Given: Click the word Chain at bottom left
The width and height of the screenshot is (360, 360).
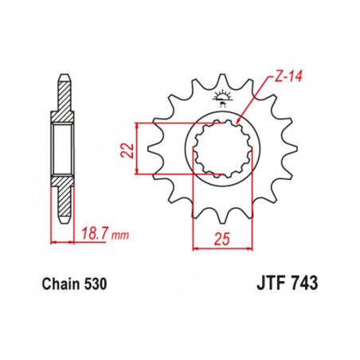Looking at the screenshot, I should pyautogui.click(x=57, y=283).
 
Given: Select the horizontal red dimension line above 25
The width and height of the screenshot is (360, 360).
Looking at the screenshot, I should pyautogui.click(x=222, y=248).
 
